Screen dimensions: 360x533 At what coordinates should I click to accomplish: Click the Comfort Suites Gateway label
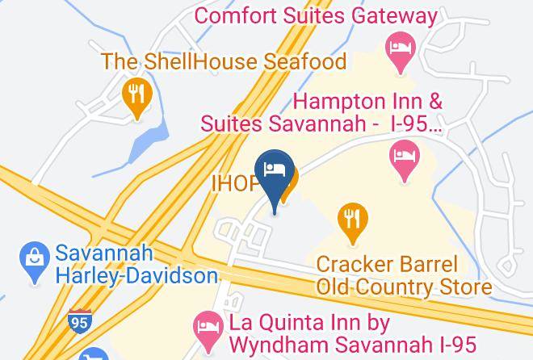tap(317, 15)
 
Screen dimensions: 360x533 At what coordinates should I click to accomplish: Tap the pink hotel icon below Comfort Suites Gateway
tap(399, 47)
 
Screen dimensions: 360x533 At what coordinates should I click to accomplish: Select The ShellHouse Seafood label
tap(224, 61)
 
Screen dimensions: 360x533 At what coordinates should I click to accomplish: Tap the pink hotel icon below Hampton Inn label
tap(403, 157)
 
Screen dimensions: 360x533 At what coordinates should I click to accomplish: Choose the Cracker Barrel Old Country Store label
tap(404, 275)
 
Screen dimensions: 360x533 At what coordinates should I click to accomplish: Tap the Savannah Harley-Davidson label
tap(136, 265)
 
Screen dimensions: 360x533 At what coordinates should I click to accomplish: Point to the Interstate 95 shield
tap(79, 320)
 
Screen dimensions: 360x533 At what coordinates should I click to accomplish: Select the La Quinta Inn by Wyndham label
tap(352, 333)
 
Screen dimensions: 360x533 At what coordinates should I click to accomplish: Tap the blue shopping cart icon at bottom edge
tap(94, 354)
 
